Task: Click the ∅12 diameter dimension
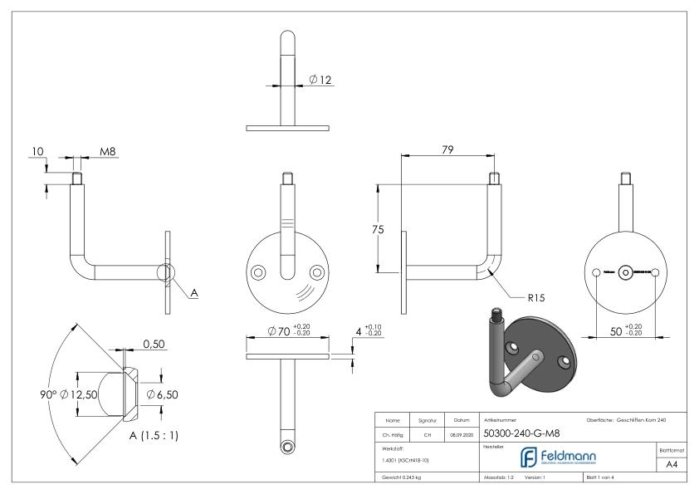point(320,80)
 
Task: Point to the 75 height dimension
point(379,229)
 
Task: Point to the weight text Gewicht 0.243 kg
point(400,479)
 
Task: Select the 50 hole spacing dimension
point(616,331)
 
